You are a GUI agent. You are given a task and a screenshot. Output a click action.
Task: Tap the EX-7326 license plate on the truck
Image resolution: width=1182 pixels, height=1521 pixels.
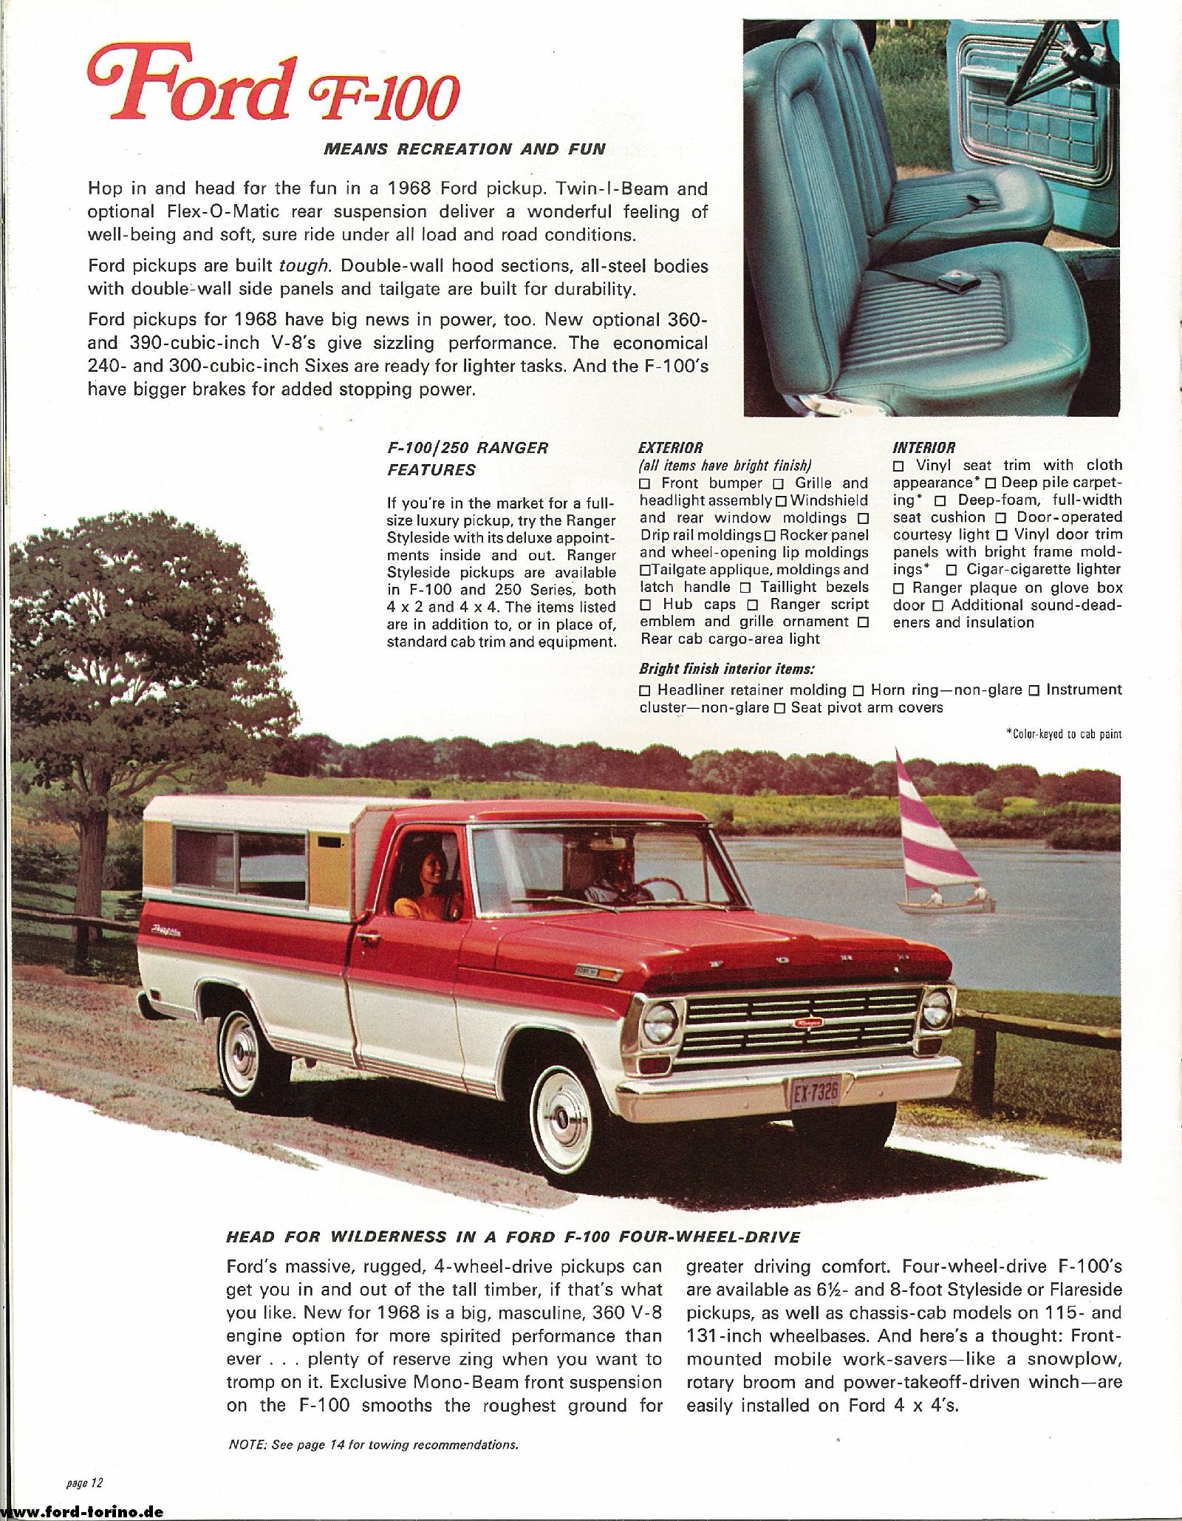tap(815, 1091)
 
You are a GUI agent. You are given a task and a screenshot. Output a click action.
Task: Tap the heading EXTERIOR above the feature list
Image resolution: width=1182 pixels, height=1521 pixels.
tap(670, 447)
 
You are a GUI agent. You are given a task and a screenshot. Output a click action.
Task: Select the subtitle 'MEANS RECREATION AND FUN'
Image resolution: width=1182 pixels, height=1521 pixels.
tap(465, 149)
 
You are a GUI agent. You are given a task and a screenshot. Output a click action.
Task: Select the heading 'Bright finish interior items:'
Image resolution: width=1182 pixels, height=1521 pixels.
tap(727, 669)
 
